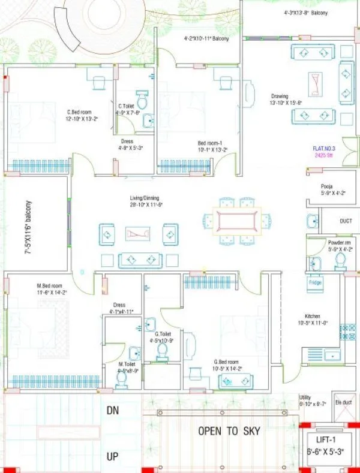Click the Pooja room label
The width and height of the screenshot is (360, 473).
point(327,186)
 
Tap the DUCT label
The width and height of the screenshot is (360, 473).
point(346,221)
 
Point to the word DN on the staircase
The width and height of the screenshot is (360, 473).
point(113,411)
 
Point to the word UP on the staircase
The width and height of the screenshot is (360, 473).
point(113,457)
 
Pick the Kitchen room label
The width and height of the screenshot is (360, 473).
point(312,316)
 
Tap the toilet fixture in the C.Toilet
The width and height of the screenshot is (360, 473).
point(142,98)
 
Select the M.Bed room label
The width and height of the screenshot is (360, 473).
point(49,285)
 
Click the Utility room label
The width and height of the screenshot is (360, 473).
point(305,397)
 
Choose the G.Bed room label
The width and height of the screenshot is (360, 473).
point(226,362)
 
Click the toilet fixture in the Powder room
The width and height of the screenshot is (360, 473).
point(340,259)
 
